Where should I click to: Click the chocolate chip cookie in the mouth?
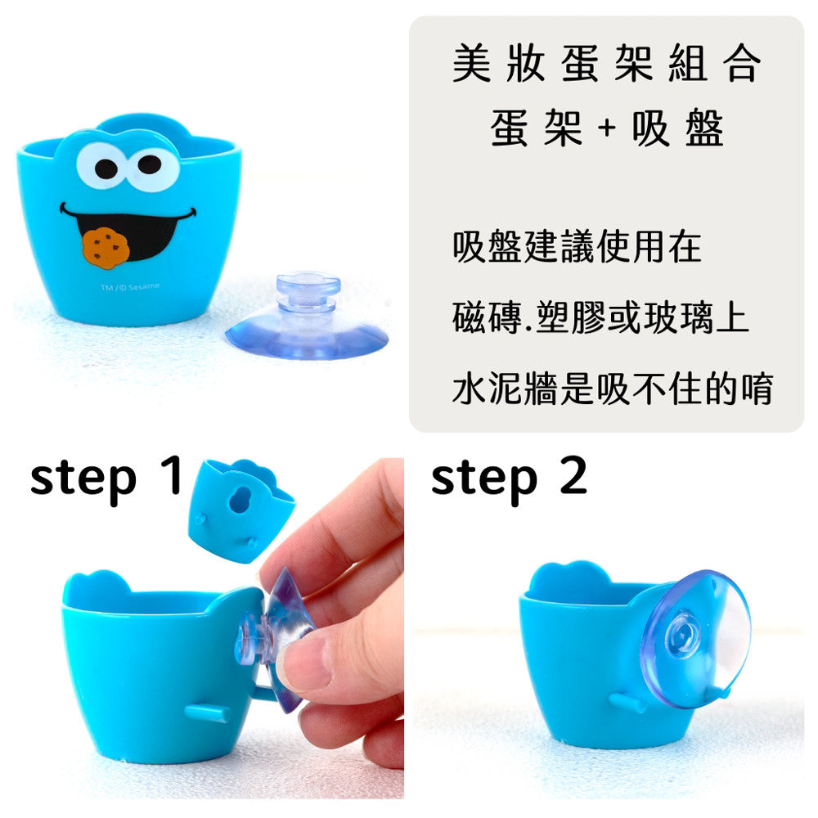tap(106, 248)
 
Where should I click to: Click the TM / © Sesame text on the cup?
tap(130, 287)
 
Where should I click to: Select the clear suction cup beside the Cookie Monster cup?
tap(307, 318)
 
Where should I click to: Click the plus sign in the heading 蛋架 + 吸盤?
tap(607, 128)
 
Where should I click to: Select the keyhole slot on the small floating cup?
tap(240, 499)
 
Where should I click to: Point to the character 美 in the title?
tap(472, 63)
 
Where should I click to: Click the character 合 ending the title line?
tap(741, 63)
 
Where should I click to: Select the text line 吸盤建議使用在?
tap(577, 246)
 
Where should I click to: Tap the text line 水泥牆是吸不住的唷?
tap(613, 388)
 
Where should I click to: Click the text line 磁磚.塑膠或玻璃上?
tap(600, 317)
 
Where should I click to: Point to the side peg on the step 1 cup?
tap(207, 712)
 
